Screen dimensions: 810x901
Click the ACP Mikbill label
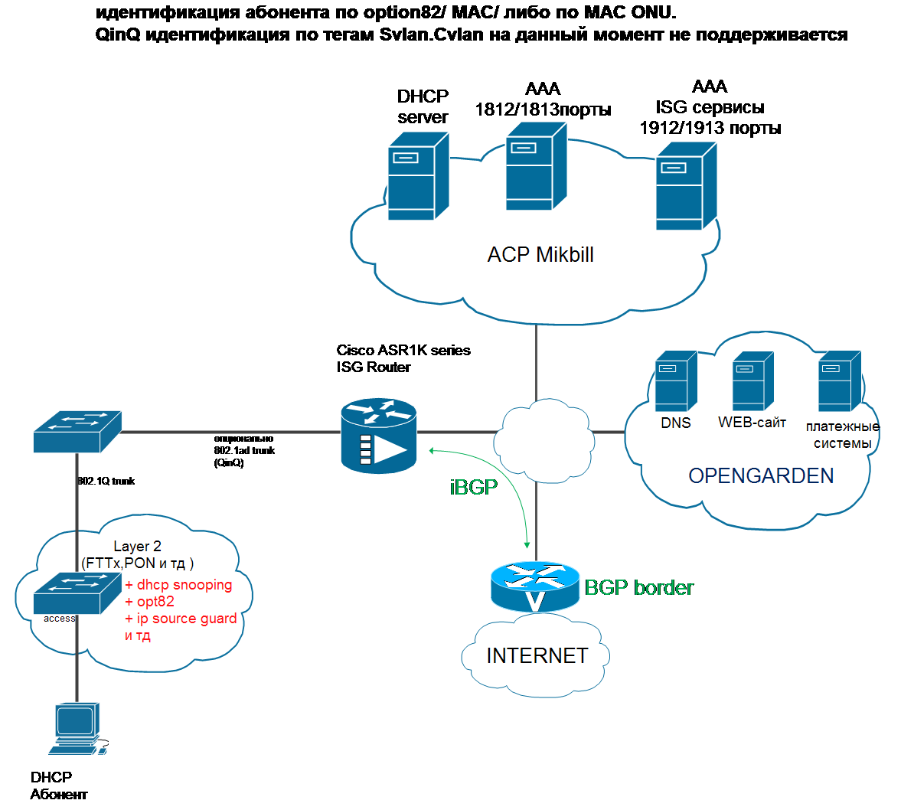point(540,255)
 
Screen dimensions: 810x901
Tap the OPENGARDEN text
point(761,476)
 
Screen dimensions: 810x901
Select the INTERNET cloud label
point(537,656)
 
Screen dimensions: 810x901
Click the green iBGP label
point(474,488)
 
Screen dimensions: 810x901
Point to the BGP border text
point(639,588)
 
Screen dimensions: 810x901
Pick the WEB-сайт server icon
point(752,381)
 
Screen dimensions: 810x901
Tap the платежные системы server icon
point(840,381)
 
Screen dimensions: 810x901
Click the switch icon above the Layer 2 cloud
point(77,432)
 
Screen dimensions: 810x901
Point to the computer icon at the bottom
point(77,728)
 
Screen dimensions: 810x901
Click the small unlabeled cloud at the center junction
point(544,441)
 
